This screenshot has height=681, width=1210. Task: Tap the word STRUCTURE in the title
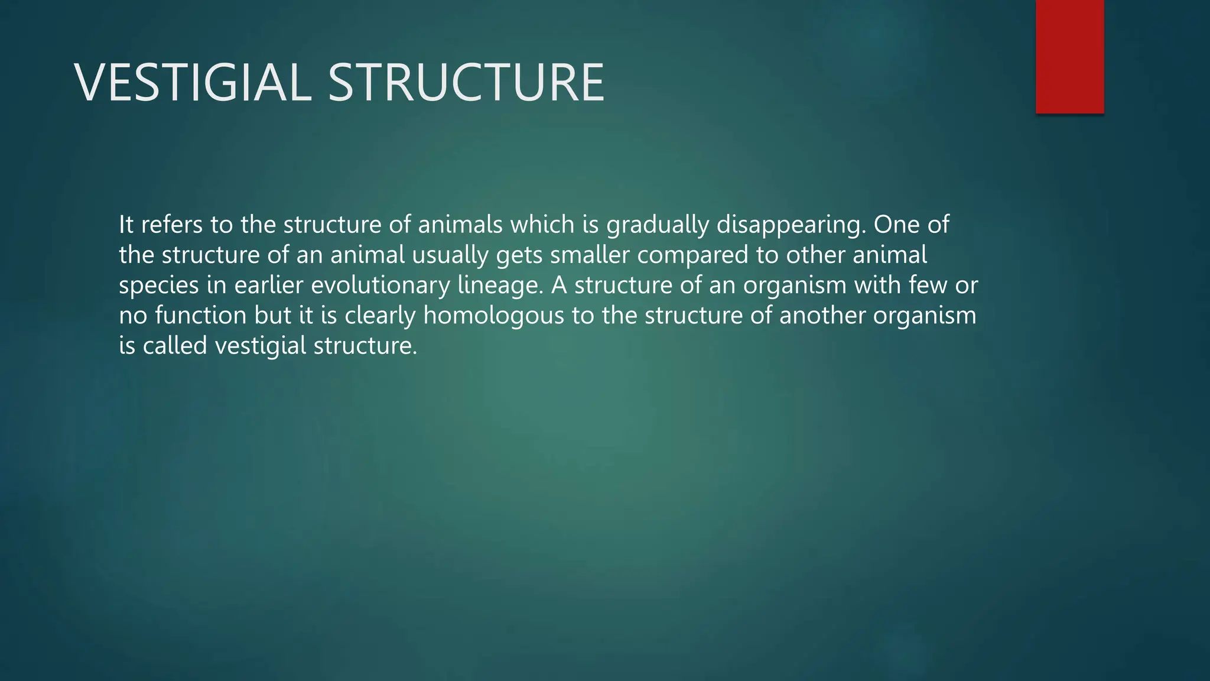point(466,83)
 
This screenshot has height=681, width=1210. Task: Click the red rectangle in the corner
point(1069,56)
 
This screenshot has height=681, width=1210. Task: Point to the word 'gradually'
point(658,226)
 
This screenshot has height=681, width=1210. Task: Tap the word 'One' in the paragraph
point(896,225)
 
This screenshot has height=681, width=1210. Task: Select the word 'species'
point(159,286)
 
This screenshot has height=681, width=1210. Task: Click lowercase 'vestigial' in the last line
point(261,346)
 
